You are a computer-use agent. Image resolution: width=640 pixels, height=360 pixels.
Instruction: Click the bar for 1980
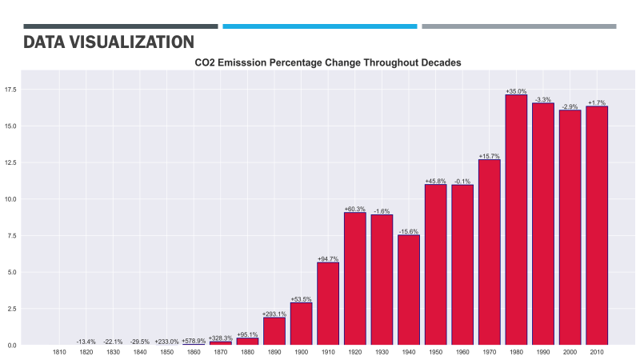[516, 220]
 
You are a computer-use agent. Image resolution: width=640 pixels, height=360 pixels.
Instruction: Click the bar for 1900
[301, 323]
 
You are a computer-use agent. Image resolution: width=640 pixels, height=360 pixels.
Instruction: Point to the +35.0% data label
[516, 91]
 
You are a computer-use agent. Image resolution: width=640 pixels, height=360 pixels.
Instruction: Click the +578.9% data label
[194, 341]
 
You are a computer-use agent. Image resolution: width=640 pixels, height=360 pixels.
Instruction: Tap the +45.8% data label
[435, 181]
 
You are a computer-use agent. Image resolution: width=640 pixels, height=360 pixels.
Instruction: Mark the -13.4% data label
[86, 342]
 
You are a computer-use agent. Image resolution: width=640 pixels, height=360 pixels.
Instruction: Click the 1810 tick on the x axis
[59, 352]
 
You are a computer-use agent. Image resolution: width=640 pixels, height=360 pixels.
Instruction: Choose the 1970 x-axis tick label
[489, 352]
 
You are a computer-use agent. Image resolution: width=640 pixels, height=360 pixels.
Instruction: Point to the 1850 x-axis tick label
[166, 352]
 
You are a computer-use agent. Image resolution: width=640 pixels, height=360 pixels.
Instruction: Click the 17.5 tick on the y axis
[13, 90]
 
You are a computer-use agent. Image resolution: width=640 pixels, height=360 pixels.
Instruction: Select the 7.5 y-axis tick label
[13, 236]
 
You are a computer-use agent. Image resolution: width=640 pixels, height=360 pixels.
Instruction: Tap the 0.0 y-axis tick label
[13, 346]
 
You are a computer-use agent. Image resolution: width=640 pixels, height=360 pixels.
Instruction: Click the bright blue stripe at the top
[320, 26]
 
